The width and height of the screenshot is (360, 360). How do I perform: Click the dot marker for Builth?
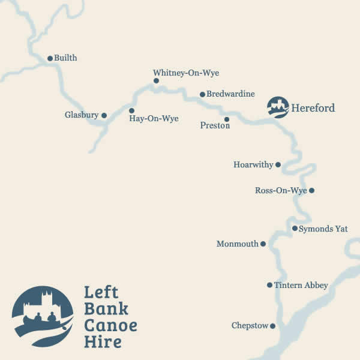tap(50, 58)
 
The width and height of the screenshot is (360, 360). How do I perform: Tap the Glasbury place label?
tap(81, 115)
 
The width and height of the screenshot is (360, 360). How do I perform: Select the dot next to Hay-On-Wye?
tap(131, 110)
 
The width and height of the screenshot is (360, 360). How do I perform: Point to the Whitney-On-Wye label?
tap(186, 73)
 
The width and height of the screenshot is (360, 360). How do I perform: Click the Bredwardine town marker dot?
tap(202, 94)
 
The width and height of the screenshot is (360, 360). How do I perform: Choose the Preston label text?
tap(215, 126)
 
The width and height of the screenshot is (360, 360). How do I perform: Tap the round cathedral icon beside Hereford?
tap(278, 107)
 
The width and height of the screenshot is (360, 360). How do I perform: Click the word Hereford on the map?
tap(313, 109)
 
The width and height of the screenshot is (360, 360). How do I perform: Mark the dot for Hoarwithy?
tap(278, 164)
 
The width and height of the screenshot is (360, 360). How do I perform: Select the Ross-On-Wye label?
tap(281, 191)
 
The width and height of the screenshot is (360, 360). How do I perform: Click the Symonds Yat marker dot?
tap(295, 228)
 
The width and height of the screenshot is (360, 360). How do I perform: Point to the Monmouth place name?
tap(237, 244)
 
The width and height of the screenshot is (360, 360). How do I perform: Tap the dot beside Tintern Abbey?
tap(269, 285)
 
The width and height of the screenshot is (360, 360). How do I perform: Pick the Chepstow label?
tap(250, 326)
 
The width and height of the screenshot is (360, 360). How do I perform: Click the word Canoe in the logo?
tap(110, 326)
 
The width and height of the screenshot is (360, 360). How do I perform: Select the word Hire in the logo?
tap(103, 342)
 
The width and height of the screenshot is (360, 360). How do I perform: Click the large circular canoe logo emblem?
tap(43, 316)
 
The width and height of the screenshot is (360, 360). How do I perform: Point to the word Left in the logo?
tap(101, 293)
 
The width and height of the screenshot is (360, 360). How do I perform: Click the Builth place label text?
tap(65, 58)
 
